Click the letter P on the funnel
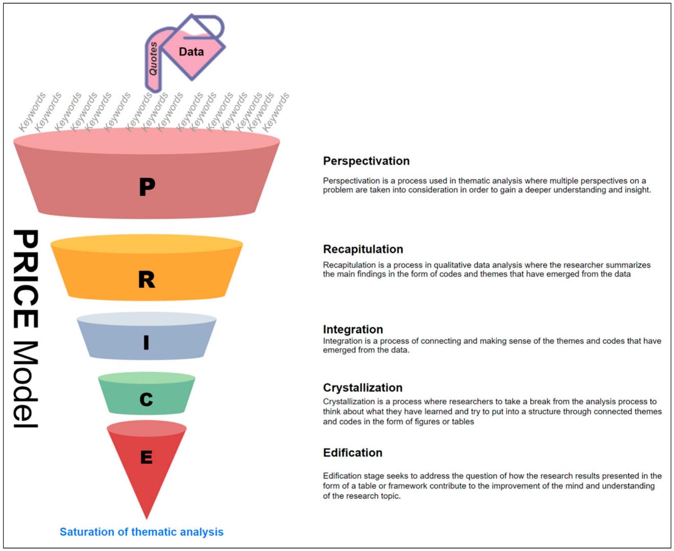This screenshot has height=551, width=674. pos(147,187)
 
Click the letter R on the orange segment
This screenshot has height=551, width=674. pos(147,280)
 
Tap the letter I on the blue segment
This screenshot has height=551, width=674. pos(146,342)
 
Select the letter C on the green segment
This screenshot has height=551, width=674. pos(146,399)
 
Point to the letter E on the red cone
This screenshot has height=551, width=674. pos(146,457)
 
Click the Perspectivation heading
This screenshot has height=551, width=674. pos(366,161)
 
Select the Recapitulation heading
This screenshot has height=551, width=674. pos(363,249)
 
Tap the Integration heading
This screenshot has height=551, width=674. pos(353,329)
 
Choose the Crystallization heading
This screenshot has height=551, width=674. pos(363,387)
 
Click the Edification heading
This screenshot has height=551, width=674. pos(352,453)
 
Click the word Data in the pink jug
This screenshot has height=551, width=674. pos(191,52)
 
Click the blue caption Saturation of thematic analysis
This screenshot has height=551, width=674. pos(141,532)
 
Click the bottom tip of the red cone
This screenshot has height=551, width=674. pos(147,517)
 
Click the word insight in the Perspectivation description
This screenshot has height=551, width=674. pos(638,190)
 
